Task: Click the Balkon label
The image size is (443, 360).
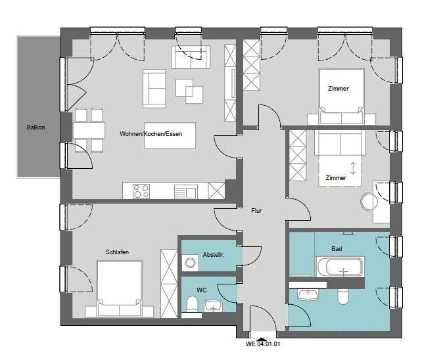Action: pyautogui.click(x=35, y=127)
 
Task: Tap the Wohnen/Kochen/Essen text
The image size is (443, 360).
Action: pyautogui.click(x=151, y=134)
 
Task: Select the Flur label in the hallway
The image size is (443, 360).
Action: pyautogui.click(x=256, y=211)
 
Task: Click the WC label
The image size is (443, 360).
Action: pyautogui.click(x=202, y=289)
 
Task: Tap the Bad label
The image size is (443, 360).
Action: pyautogui.click(x=337, y=249)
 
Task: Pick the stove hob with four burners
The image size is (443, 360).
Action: pyautogui.click(x=141, y=191)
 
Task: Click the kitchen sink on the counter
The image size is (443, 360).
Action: pyautogui.click(x=185, y=191)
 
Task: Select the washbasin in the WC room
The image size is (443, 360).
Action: pyautogui.click(x=214, y=306)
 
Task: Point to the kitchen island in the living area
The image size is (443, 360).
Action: pyautogui.click(x=170, y=135)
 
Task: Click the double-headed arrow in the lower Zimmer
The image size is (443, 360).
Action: pyautogui.click(x=354, y=168)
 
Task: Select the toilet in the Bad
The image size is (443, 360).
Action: pyautogui.click(x=342, y=297)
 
